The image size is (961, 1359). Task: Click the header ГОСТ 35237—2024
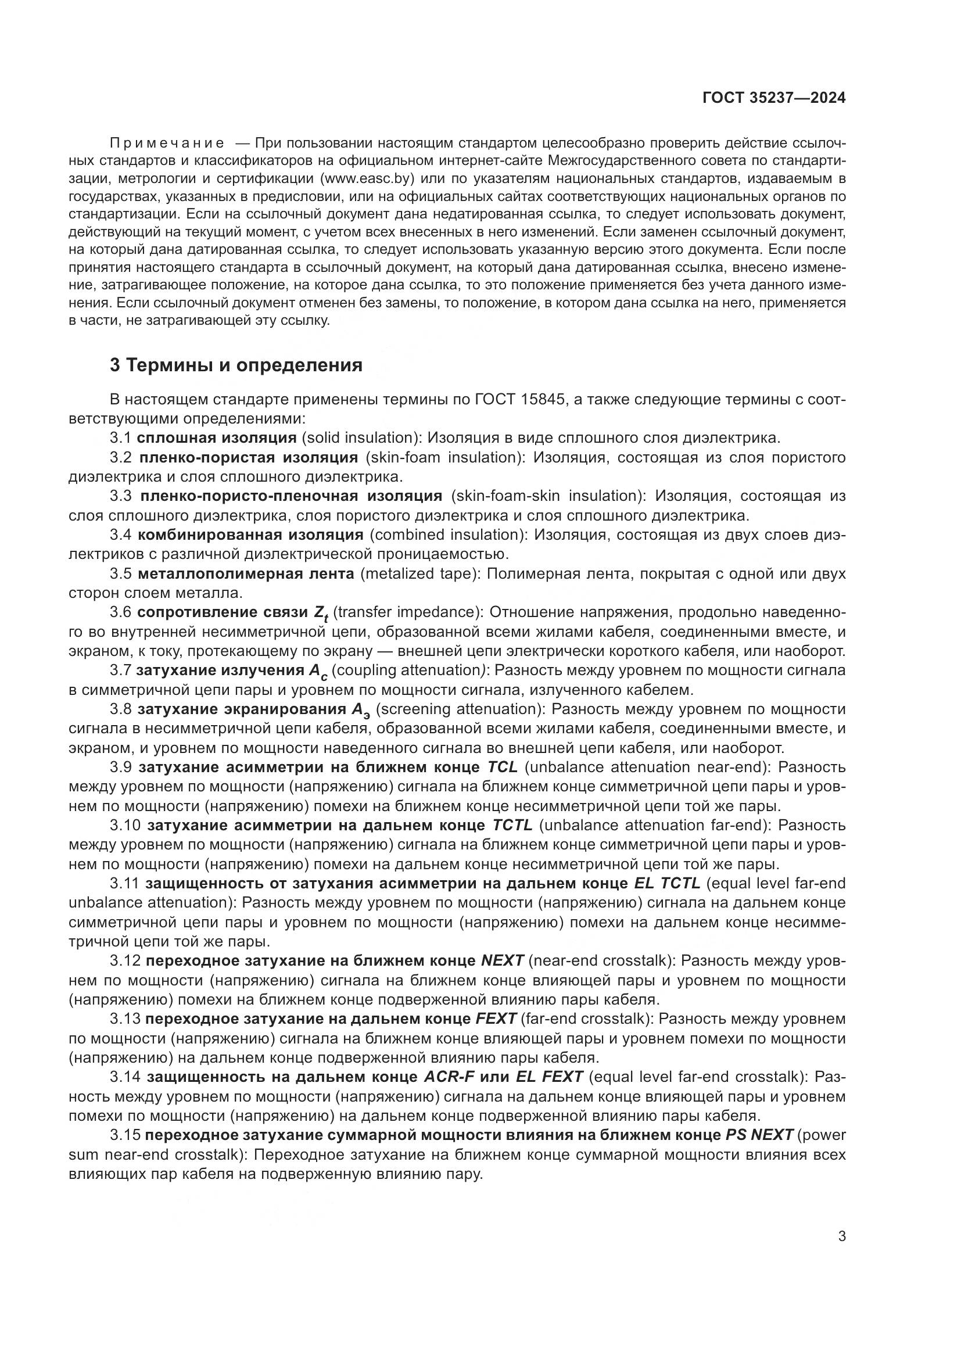click(773, 98)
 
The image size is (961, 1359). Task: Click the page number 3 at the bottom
click(841, 1236)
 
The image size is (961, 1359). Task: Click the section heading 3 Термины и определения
click(236, 365)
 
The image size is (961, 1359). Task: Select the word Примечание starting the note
click(167, 143)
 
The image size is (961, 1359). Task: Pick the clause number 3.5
click(121, 573)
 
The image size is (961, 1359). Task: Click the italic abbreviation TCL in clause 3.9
click(503, 767)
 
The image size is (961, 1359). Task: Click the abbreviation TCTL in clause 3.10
click(512, 825)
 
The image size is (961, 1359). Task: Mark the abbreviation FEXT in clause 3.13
click(496, 1019)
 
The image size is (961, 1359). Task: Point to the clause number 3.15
click(125, 1135)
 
